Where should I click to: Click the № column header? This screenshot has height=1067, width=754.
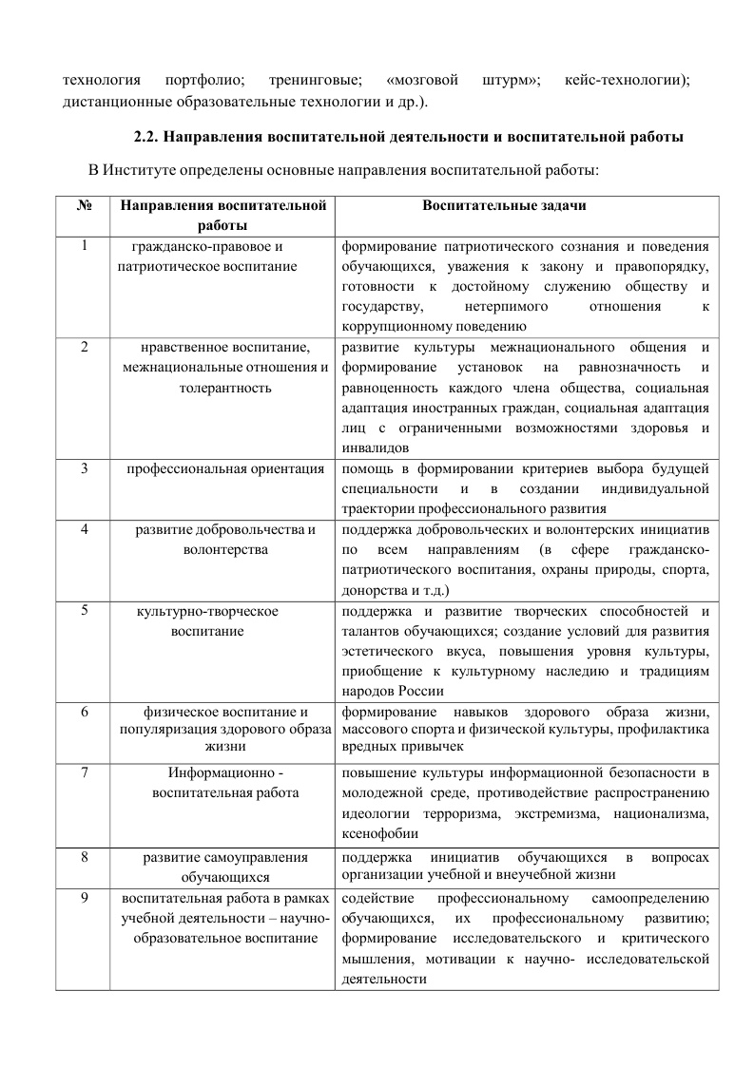pos(84,205)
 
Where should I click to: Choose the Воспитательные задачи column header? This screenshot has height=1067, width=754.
pos(525,205)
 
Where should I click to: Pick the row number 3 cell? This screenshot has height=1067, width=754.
pos(84,468)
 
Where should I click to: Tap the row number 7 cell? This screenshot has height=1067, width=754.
pos(84,772)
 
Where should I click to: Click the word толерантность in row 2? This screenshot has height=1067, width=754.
pos(224,388)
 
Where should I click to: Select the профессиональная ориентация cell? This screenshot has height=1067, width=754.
pos(224,468)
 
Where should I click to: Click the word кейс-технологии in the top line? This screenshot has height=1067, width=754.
pos(625,79)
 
